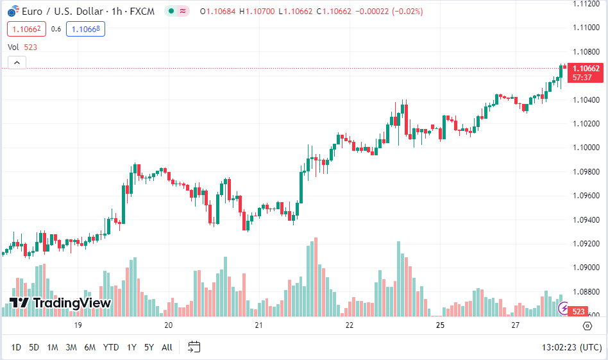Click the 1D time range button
coord(16,347)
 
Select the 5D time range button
coord(34,347)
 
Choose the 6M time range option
coord(90,347)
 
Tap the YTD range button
coord(111,347)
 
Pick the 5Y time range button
coord(149,347)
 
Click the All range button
coord(167,347)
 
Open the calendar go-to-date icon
coord(194,347)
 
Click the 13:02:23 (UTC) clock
coord(571,347)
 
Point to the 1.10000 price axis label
coord(586,148)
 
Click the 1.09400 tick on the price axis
coord(586,219)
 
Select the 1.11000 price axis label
coord(586,28)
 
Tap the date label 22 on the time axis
coord(350,325)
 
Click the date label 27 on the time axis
coord(516,325)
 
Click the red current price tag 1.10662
coord(586,69)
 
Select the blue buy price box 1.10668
coord(85,29)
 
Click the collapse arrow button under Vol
coord(17,62)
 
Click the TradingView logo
coord(60,303)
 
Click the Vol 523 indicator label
coord(22,47)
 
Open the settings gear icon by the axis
coord(587,326)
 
